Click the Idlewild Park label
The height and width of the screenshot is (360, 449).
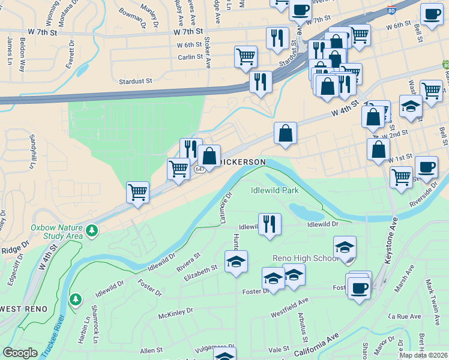[x=274, y=191]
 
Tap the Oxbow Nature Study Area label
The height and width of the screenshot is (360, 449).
[x=57, y=232]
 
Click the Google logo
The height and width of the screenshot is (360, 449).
[x=20, y=353]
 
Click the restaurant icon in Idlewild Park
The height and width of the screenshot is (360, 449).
[x=270, y=224]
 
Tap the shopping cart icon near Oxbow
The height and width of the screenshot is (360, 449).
[x=137, y=193]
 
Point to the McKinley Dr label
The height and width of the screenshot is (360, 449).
[x=175, y=312]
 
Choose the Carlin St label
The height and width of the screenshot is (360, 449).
[x=190, y=57]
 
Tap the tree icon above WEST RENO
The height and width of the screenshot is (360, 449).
[x=76, y=298]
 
